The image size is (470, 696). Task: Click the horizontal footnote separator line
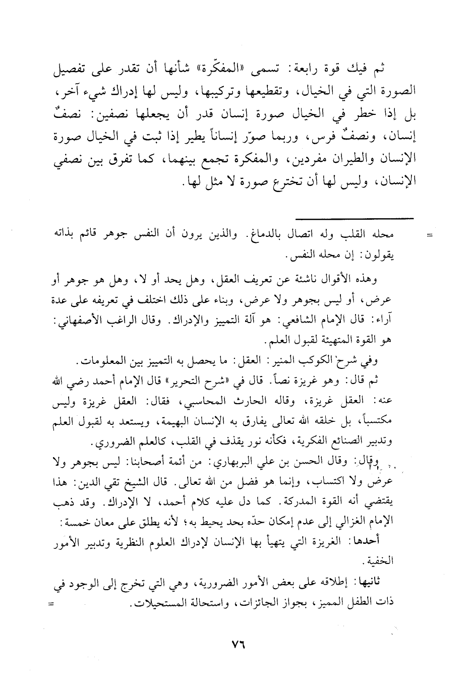click(354, 218)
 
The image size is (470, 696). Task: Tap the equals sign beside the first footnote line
click(430, 235)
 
